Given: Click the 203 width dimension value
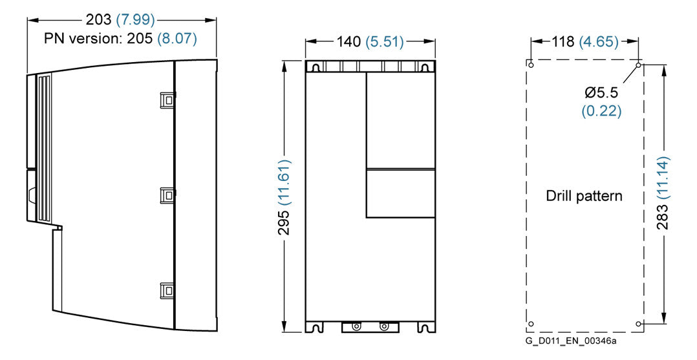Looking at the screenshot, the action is point(99,20).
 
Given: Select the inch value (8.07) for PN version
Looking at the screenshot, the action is point(177,38).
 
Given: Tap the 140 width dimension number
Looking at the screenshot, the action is point(348,42).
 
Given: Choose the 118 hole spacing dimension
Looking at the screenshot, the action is point(564,42).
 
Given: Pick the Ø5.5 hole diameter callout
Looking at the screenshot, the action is point(601,92).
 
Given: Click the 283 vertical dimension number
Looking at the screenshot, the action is point(662,217).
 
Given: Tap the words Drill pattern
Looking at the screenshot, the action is point(584,196).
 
